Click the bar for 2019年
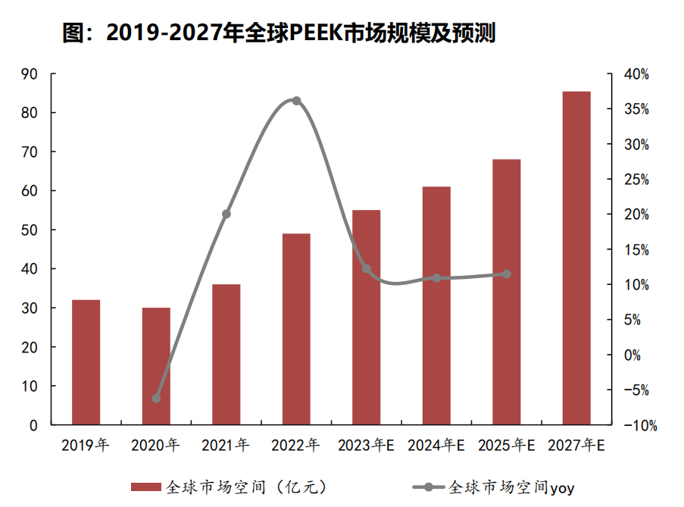86,362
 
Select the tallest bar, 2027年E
576,258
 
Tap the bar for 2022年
296,329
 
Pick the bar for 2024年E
436,305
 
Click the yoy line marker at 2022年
296,101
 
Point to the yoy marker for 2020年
156,399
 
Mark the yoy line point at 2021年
226,214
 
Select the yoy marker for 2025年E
506,274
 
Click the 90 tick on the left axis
30,74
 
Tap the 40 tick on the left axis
30,268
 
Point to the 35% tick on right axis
636,109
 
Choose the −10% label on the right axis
640,425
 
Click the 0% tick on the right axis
632,355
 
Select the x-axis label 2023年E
366,445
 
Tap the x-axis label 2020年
156,445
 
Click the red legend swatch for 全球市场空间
146,487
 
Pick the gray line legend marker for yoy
429,487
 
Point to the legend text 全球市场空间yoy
512,487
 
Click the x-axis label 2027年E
576,445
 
